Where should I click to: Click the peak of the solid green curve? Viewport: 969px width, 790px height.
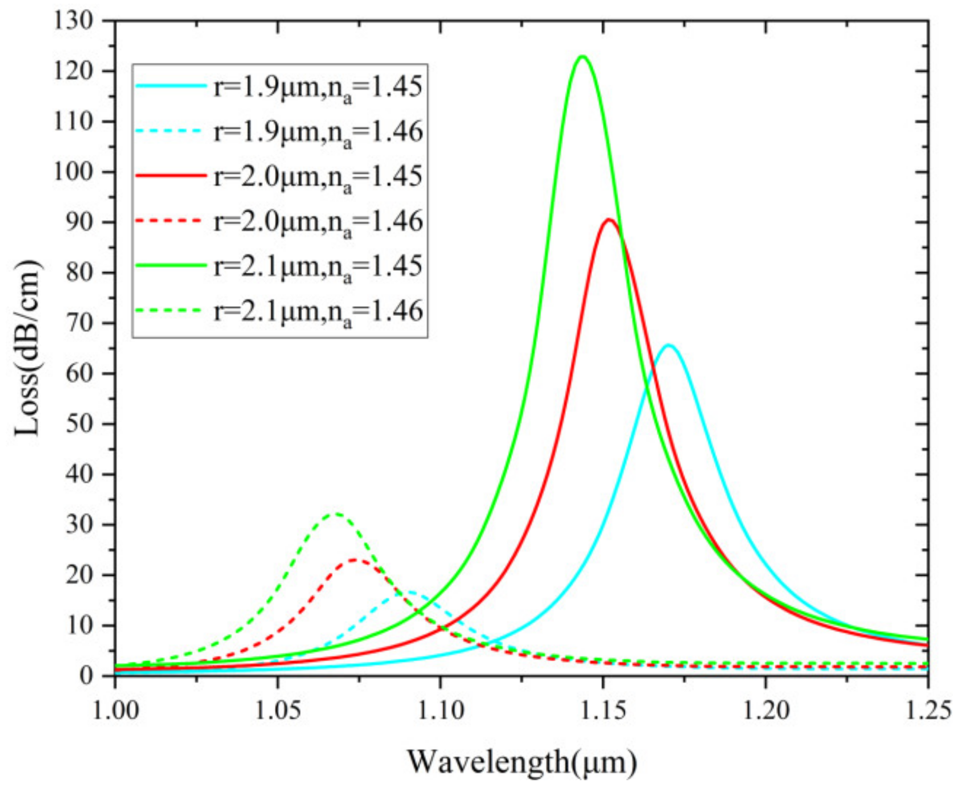582,57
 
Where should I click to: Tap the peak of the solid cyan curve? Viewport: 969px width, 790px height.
668,345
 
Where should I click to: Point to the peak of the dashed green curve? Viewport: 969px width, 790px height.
336,513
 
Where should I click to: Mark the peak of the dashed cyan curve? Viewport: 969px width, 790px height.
411,592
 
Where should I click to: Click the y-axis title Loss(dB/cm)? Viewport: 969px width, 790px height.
28,348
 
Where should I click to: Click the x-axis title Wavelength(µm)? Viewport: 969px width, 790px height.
521,762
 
